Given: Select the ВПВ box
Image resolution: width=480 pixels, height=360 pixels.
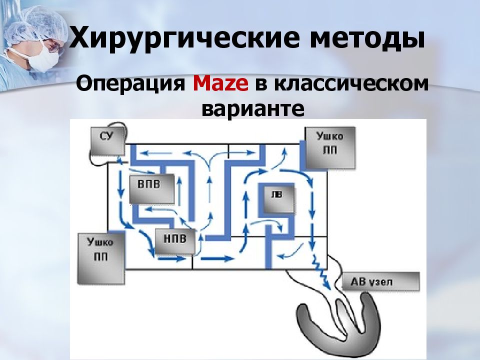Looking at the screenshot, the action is pos(152,188).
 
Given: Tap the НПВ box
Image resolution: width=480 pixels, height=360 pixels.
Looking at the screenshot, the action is pos(175,241).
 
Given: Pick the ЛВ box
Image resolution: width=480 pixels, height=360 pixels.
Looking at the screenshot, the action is pos(279,199).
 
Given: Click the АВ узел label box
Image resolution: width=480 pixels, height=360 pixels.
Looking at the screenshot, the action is pos(380,281).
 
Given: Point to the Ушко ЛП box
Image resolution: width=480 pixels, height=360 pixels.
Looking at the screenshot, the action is pos(330,147).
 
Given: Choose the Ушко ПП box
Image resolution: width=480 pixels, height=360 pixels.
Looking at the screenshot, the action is pos(101,258).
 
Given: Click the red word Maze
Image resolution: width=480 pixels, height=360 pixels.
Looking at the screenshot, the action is pos(220,83).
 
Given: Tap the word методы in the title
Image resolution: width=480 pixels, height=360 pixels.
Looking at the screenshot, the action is pos(367,38).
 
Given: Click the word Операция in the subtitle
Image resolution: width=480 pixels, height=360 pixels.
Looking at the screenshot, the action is pos(131,84).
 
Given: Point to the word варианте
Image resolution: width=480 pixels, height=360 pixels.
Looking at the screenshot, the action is pos(253,108).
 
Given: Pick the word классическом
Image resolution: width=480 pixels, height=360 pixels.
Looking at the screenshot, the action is pos(351,83).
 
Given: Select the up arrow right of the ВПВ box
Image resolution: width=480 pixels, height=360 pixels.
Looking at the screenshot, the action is pos(179,192).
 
